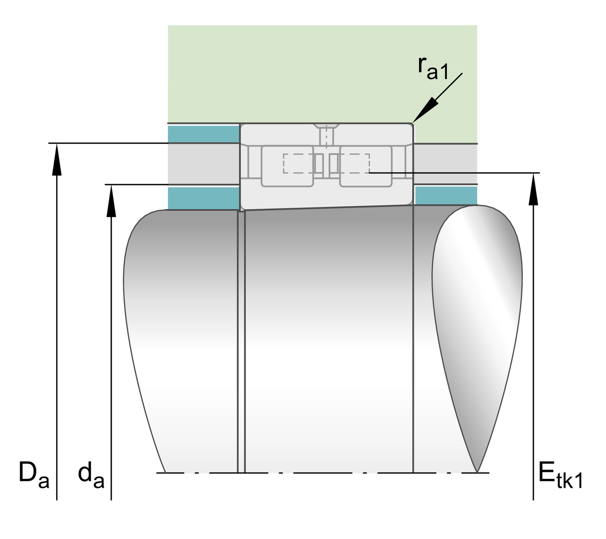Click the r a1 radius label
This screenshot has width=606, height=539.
click(x=433, y=69)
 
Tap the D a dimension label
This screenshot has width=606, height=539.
click(x=33, y=475)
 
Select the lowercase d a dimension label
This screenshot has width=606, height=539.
click(x=91, y=476)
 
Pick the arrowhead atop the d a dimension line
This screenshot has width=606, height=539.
click(x=111, y=200)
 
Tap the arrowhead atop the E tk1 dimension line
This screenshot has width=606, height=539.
click(x=533, y=189)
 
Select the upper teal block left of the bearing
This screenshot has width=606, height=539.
click(x=203, y=134)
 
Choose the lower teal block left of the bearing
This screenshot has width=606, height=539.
click(x=203, y=198)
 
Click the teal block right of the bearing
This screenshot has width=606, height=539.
click(x=445, y=195)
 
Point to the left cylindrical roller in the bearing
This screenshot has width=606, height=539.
click(x=287, y=166)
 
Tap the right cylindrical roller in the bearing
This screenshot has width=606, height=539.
click(x=366, y=166)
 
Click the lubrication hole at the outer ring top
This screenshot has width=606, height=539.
click(x=326, y=135)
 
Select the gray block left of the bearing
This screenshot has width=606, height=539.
click(x=203, y=163)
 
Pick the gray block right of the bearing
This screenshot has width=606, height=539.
click(x=445, y=163)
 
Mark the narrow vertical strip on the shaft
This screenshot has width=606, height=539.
click(x=241, y=341)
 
